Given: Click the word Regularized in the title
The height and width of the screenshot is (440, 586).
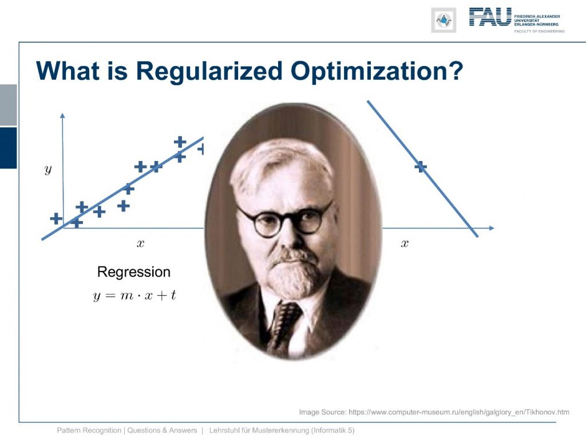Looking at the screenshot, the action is point(208,71).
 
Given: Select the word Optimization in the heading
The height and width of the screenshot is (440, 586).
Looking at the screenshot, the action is point(377,71).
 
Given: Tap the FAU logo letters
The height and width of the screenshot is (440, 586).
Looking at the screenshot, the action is point(490,17).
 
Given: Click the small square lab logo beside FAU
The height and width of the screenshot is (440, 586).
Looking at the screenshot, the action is point(444,20).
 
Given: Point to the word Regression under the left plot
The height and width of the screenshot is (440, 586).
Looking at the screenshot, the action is point(134,272).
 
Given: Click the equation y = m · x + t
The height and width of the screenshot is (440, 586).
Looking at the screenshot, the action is point(134,296).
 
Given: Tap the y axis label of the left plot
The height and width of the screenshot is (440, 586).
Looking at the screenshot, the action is point(48,170).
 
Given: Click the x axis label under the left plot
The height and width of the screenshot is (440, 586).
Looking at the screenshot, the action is point(140,243).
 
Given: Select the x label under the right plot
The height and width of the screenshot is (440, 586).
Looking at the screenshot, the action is point(405,243).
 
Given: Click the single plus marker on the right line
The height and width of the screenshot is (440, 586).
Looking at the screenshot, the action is point(421,167).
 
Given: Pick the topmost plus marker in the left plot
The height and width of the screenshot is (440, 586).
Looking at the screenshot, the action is point(180,142).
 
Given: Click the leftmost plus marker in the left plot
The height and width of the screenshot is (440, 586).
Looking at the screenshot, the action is point(56,218).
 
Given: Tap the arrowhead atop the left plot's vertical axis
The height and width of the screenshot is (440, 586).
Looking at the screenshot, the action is point(62,115).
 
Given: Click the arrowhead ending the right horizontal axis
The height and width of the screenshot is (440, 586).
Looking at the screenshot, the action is point(492,228).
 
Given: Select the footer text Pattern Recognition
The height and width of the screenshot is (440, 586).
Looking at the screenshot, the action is point(89,430).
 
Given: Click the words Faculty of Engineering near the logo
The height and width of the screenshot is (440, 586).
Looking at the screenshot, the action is point(539,31).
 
